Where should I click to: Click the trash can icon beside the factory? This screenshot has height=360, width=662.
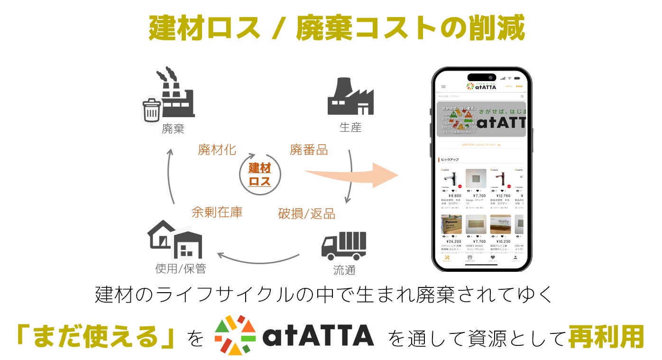point(152,111)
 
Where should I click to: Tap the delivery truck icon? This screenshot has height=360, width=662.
point(344,246)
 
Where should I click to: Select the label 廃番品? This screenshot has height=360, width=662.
point(309,150)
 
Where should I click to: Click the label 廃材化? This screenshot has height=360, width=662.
point(217,150)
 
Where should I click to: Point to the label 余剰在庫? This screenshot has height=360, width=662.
point(217,212)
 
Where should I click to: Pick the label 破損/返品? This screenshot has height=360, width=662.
point(306,214)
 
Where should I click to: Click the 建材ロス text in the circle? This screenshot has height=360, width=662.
point(260,174)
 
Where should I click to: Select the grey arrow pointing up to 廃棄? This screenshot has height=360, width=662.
point(171,175)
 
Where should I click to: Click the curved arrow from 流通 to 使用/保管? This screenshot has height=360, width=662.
point(258,260)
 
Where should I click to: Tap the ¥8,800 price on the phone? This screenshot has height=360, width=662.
point(455,195)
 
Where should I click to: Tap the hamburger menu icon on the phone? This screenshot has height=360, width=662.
point(443,87)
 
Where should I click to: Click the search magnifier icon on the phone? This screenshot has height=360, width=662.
point(523,96)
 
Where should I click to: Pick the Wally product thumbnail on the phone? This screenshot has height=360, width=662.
point(500,224)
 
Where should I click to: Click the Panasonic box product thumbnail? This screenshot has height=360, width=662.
point(451,224)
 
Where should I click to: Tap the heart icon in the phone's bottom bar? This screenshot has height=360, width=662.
point(493,258)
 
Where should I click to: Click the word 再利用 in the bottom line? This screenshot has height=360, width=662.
point(606,337)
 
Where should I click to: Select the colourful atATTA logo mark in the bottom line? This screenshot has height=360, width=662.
point(236,335)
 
